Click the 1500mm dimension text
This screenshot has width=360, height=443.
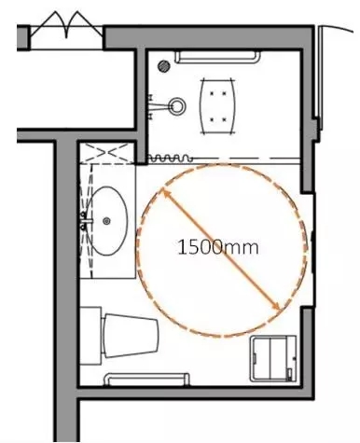(x=217, y=248)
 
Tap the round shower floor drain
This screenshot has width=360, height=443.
(x=164, y=66)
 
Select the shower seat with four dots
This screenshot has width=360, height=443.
(x=217, y=106)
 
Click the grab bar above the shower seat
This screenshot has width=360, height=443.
(x=217, y=58)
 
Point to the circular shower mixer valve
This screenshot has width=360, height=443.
(x=177, y=106)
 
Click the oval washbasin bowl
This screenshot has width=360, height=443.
(x=106, y=221)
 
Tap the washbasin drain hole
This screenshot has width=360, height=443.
(x=106, y=221)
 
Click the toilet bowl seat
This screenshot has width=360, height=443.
(x=131, y=336)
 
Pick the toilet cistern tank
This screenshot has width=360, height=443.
(x=90, y=336)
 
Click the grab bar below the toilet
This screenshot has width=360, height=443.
(x=146, y=380)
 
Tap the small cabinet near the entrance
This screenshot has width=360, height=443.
(x=273, y=358)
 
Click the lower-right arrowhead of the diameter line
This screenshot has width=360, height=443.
(x=277, y=307)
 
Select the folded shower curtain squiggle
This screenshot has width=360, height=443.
(x=169, y=159)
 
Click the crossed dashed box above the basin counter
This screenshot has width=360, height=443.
(x=107, y=153)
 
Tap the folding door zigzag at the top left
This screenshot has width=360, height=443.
(x=66, y=25)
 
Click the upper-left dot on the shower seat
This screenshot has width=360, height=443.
(x=212, y=93)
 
